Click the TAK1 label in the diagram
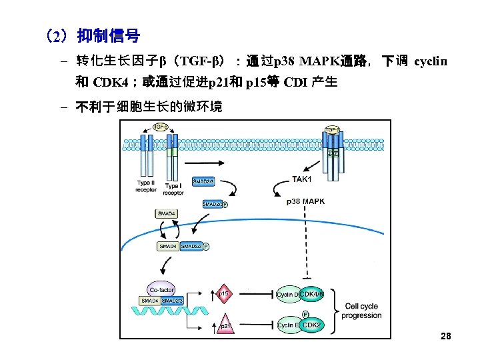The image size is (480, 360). (x=302, y=179)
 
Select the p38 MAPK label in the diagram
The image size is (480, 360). (x=305, y=201)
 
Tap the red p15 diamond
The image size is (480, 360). (x=224, y=293)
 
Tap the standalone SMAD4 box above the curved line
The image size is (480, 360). (x=166, y=213)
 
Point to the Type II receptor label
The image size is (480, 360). (x=146, y=186)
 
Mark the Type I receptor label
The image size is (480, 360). (x=173, y=190)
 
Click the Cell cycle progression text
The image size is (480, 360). (x=361, y=311)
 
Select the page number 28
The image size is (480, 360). (x=446, y=336)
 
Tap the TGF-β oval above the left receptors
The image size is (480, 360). (x=160, y=127)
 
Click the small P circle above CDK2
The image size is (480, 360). (x=305, y=313)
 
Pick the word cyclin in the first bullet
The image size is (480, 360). (x=430, y=62)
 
